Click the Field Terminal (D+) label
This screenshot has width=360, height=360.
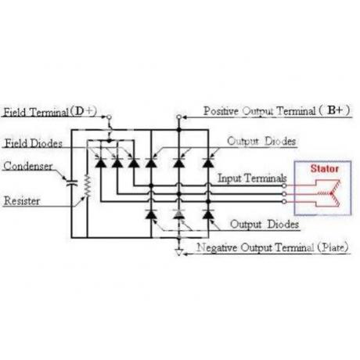pyautogui.click(x=49, y=112)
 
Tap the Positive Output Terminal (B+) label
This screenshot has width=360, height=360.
pyautogui.click(x=276, y=111)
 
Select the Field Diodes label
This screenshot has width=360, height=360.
pyautogui.click(x=34, y=143)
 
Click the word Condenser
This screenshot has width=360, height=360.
pyautogui.click(x=28, y=166)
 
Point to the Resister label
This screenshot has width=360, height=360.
pyautogui.click(x=22, y=201)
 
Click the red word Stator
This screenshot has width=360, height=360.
pyautogui.click(x=324, y=169)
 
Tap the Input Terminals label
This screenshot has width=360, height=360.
pyautogui.click(x=252, y=178)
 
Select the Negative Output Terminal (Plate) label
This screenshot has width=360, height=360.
pyautogui.click(x=272, y=247)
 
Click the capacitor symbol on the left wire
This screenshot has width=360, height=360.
pyautogui.click(x=71, y=183)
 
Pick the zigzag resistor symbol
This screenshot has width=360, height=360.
pyautogui.click(x=88, y=186)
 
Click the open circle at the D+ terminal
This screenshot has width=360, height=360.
pyautogui.click(x=110, y=117)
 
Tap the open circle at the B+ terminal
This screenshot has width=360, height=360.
pyautogui.click(x=178, y=117)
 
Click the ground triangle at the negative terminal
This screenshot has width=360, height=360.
pyautogui.click(x=178, y=252)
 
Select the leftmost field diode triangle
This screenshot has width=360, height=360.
pyautogui.click(x=100, y=163)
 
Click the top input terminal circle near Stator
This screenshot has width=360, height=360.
pyautogui.click(x=284, y=185)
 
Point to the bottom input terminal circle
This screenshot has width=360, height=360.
pyautogui.click(x=284, y=202)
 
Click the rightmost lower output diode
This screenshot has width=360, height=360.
pyautogui.click(x=208, y=214)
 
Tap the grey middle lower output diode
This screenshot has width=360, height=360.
pyautogui.click(x=178, y=214)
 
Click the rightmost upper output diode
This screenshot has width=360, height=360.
pyautogui.click(x=208, y=163)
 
